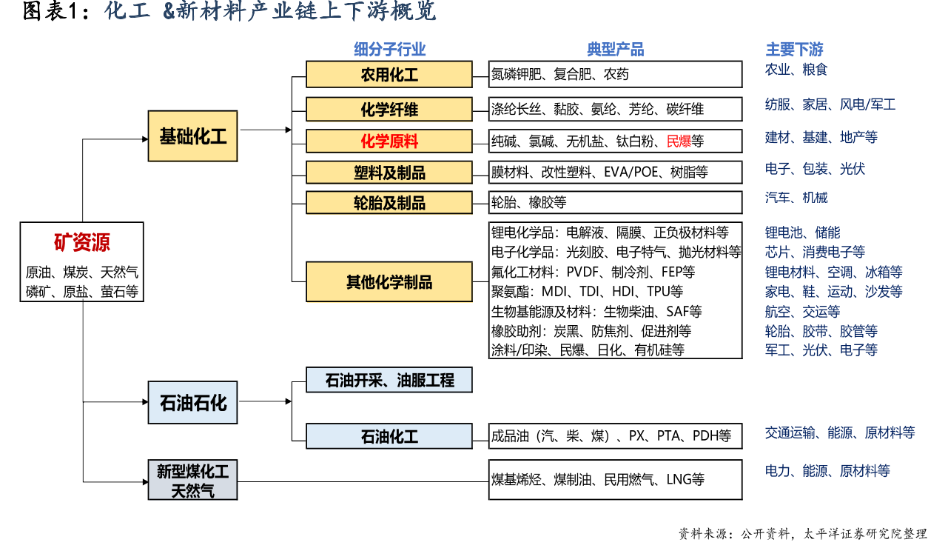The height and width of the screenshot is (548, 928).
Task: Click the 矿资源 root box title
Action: [x=81, y=242]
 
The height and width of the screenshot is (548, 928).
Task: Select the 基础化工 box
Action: [x=192, y=136]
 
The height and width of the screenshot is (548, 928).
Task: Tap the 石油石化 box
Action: [x=192, y=402]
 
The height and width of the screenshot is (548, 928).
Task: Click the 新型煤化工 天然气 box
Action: [x=192, y=480]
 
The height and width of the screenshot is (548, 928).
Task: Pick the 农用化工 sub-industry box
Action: [x=389, y=75]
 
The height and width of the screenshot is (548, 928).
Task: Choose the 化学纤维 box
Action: [x=389, y=110]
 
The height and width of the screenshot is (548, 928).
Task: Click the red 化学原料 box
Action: [x=389, y=141]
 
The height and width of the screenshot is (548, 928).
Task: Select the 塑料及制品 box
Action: [x=389, y=173]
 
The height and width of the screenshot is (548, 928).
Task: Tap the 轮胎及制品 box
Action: [x=389, y=203]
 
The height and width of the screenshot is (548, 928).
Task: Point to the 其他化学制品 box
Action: [x=389, y=281]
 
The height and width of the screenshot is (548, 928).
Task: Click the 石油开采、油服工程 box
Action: [x=389, y=381]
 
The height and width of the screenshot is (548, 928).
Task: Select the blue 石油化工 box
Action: [x=389, y=436]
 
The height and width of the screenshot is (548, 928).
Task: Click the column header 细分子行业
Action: [x=389, y=50]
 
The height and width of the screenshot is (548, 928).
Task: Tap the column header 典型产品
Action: [x=615, y=50]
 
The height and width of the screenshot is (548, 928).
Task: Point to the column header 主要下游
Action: [x=794, y=50]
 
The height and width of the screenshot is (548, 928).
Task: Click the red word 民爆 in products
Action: [x=679, y=141]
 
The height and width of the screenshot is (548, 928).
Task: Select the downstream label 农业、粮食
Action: [x=796, y=70]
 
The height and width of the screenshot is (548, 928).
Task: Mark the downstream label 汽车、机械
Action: [x=796, y=198]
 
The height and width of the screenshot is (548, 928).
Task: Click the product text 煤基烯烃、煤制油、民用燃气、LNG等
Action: [x=598, y=479]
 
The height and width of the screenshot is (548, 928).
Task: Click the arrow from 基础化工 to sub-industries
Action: [x=266, y=130]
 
